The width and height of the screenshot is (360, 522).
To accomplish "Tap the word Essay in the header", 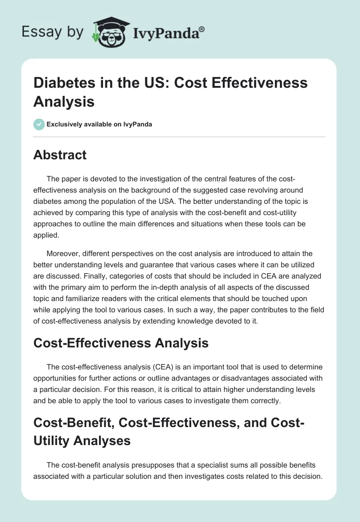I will click(x=36, y=32).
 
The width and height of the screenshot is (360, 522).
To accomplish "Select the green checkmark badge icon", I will click(x=39, y=124).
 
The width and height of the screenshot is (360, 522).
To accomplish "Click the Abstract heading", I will click(x=60, y=155).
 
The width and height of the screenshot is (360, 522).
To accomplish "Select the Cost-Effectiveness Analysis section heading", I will click(x=121, y=343).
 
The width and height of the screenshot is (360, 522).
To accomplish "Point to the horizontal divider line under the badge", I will click(x=179, y=136).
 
